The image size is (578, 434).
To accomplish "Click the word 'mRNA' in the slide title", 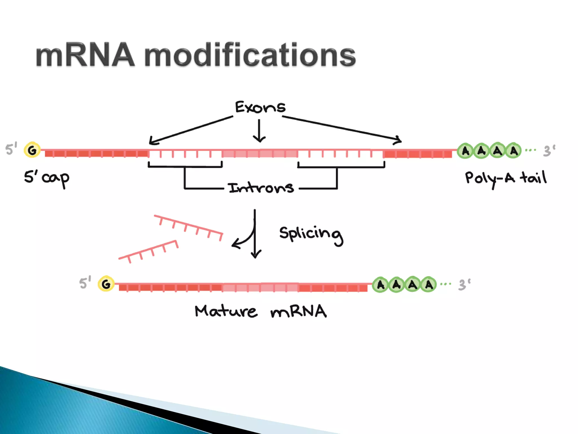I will coord(85,55).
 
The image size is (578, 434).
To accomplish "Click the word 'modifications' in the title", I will coord(250,55).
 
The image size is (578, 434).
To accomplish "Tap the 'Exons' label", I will coord(260,107).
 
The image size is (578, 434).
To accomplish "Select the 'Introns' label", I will coord(261,188).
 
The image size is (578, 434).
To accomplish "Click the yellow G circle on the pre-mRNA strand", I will coord(32,150).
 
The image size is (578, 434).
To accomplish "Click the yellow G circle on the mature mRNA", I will coord(106,284).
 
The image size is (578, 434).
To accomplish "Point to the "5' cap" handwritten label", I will coord(47,178).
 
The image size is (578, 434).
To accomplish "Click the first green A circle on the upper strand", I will coord(465,151).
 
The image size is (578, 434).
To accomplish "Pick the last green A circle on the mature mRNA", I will coord(429,285).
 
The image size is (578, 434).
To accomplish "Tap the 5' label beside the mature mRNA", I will coord(85,283).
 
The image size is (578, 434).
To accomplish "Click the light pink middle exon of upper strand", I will coord(260,154).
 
